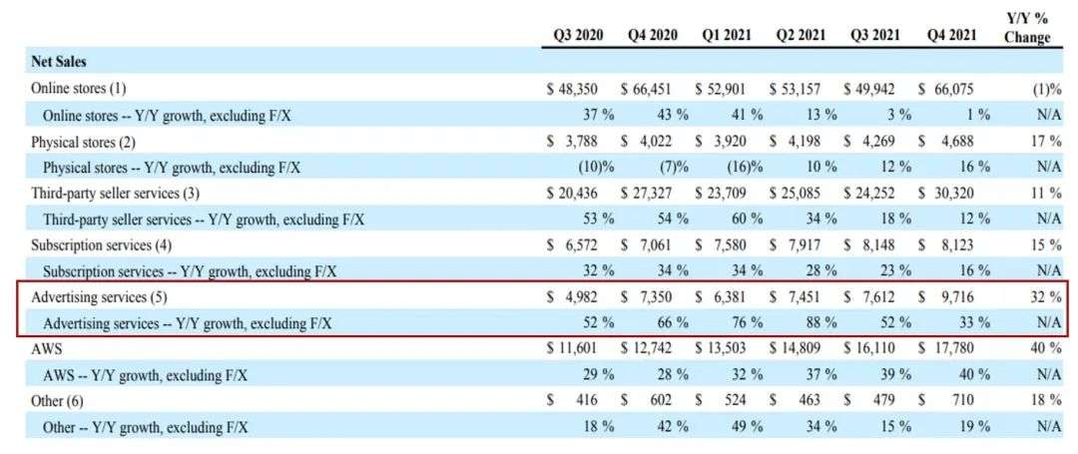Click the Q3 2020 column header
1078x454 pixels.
(x=578, y=35)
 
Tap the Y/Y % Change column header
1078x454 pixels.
(x=1028, y=28)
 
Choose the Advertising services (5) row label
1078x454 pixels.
(x=101, y=297)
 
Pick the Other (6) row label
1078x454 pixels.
(x=63, y=400)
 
